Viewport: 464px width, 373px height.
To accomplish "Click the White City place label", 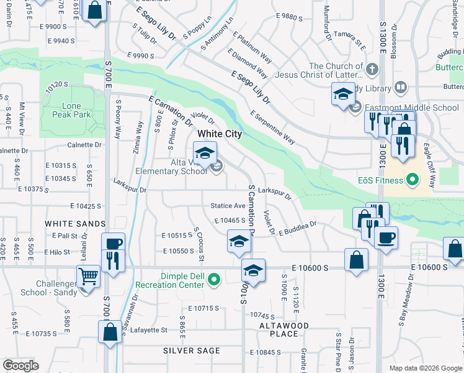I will pos(219,134).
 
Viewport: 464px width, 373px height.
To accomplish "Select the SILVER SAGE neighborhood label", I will pos(192,351).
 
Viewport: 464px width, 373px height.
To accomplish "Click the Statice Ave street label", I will pos(228,206).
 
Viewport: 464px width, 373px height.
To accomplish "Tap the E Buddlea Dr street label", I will pos(298,228).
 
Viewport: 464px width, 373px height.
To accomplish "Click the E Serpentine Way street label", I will pos(272,127).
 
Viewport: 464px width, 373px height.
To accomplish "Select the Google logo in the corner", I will pos(20,366).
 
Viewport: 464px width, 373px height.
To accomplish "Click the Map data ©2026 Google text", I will pos(426,368).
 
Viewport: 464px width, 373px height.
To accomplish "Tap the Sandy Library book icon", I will pos(401,87).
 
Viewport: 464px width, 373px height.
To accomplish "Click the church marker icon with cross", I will pos(372,68).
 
